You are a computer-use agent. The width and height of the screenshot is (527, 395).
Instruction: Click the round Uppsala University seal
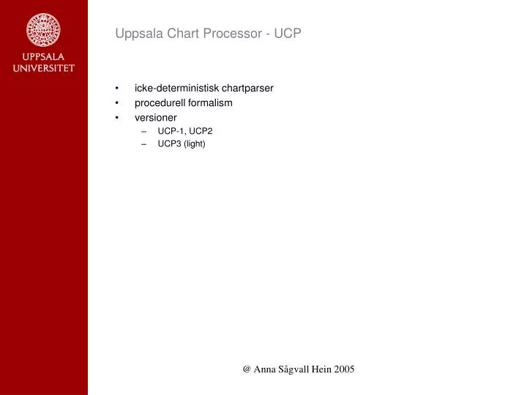click(x=43, y=29)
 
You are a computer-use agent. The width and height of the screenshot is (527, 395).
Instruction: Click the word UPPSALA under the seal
click(x=43, y=56)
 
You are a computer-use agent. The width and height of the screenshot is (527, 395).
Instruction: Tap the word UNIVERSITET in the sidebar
click(x=43, y=68)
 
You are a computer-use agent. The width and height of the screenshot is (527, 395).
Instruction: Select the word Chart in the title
click(x=173, y=33)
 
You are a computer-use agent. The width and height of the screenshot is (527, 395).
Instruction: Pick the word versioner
click(x=155, y=117)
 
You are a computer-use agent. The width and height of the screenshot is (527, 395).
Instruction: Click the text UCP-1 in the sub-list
click(x=170, y=131)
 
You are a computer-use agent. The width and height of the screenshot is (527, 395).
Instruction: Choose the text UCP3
click(x=169, y=143)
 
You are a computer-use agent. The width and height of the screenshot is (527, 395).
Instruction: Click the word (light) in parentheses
click(x=195, y=143)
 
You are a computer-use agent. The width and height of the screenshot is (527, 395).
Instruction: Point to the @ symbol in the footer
click(x=247, y=369)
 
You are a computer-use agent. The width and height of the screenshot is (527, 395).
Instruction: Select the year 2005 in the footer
click(x=343, y=369)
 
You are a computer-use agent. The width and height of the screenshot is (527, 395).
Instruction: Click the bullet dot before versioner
click(x=118, y=117)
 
